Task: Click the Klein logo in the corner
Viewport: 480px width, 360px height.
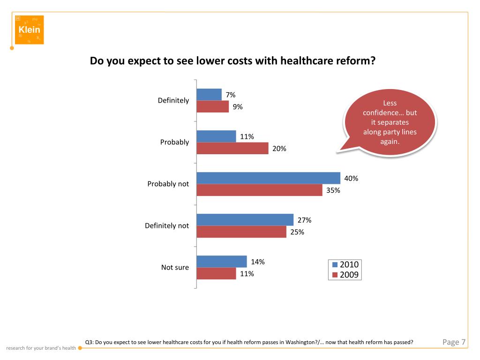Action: (29, 30)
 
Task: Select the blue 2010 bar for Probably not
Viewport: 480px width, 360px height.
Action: (268, 178)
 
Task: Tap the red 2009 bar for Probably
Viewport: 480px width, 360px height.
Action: (232, 149)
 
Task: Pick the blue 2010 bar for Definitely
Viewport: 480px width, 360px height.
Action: (209, 94)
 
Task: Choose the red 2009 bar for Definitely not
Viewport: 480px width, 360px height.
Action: (241, 232)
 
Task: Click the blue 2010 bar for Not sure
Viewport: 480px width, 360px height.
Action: (222, 262)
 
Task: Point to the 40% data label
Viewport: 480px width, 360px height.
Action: (351, 178)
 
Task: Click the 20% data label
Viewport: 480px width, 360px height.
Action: (279, 149)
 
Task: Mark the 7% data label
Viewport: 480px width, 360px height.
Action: (231, 95)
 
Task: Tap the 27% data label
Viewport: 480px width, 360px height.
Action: (304, 220)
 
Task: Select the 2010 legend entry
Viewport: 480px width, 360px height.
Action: (345, 265)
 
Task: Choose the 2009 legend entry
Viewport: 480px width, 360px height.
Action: (345, 275)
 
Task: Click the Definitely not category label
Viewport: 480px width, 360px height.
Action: (167, 225)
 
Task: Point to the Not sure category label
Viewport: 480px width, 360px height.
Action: (175, 267)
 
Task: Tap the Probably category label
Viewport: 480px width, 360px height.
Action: (174, 142)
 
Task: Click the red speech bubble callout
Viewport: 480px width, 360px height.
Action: (390, 122)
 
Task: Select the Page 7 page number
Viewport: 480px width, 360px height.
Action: (454, 342)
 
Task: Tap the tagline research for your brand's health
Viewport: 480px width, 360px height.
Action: (41, 348)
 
